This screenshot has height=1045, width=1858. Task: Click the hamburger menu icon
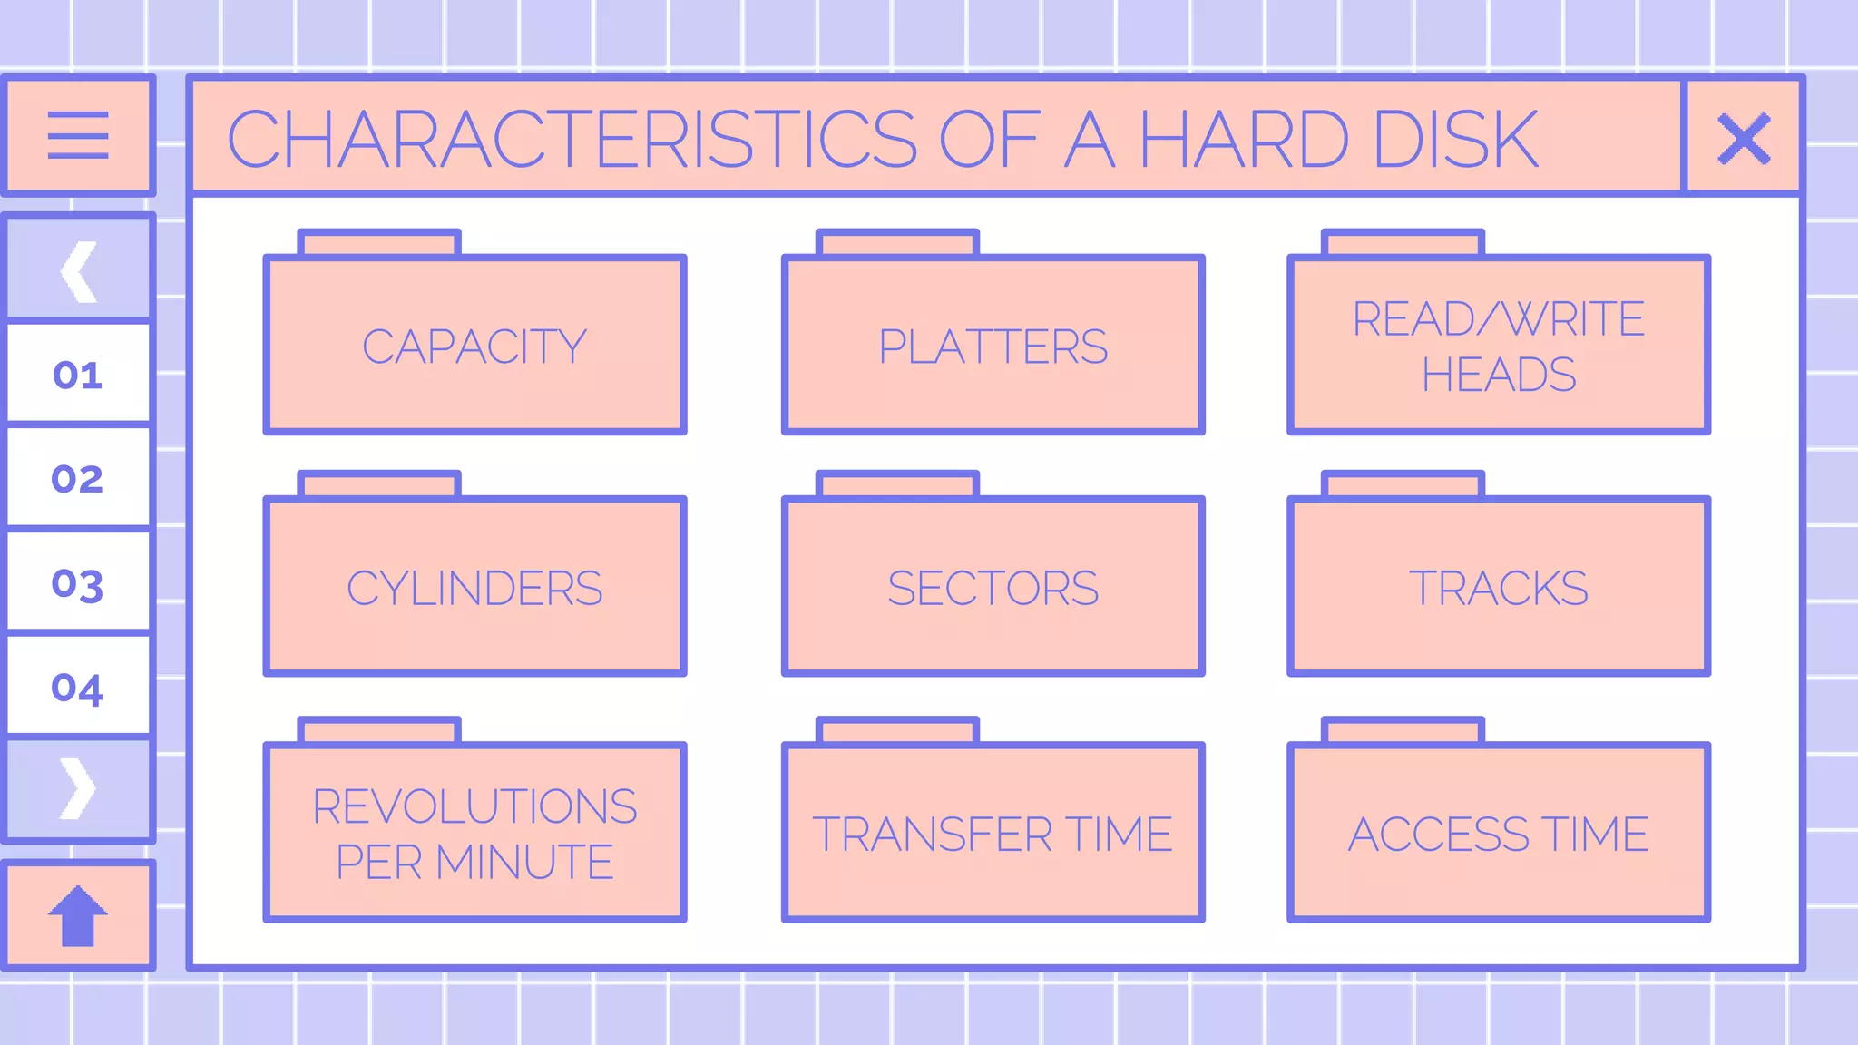coord(78,136)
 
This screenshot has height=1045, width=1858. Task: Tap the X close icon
coord(1743,138)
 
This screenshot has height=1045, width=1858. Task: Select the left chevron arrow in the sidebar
coord(79,271)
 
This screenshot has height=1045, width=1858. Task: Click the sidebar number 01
coord(77,375)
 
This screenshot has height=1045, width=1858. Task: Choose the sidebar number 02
coord(77,479)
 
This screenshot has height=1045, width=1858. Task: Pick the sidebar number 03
coord(77,584)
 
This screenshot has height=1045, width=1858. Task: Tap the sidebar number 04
coord(77,688)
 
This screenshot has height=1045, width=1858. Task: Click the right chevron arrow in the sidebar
coord(78,788)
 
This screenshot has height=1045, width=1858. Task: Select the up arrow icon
coord(78,915)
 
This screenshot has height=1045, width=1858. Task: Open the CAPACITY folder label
coord(474,347)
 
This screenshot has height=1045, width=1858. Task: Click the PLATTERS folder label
coord(993,347)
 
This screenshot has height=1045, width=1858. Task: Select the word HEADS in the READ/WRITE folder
coord(1499,375)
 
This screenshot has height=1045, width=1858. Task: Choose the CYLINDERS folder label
coord(474,589)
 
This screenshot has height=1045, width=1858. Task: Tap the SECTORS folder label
coord(993,589)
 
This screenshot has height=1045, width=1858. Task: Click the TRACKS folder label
coord(1499,589)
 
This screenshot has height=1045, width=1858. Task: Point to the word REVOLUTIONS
coord(474,806)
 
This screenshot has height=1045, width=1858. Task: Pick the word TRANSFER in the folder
coord(933,835)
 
